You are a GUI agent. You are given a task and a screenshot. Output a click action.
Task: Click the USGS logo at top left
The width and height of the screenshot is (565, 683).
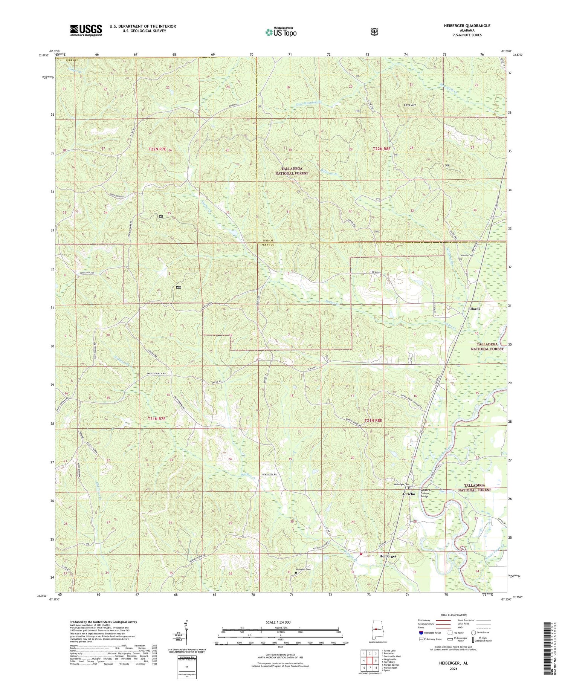click(86, 30)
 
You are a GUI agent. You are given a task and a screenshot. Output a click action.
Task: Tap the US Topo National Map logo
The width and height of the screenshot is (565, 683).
click(281, 32)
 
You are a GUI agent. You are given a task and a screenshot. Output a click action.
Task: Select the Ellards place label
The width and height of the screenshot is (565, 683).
click(474, 309)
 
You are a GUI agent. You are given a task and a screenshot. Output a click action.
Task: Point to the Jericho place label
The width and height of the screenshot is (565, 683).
click(409, 494)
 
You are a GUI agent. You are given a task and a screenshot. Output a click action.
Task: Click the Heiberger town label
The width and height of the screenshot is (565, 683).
click(388, 556)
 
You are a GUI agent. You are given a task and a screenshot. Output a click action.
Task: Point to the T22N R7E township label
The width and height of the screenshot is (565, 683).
click(161, 149)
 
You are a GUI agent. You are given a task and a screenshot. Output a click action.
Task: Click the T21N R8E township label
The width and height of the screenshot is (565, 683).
click(373, 420)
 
